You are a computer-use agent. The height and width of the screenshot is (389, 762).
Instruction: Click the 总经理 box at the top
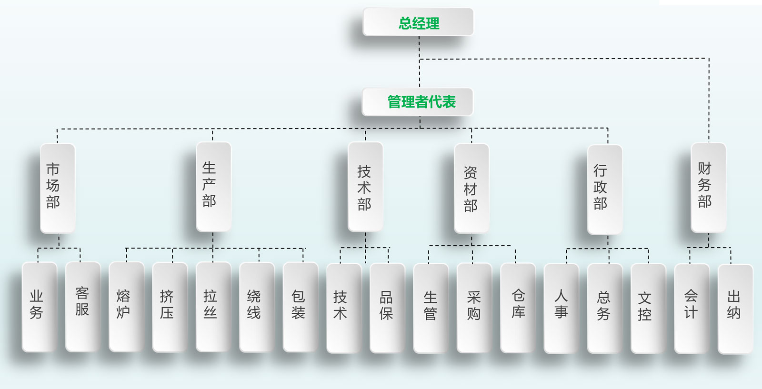pyautogui.click(x=418, y=22)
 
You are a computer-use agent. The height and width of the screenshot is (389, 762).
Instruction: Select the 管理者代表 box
pyautogui.click(x=418, y=102)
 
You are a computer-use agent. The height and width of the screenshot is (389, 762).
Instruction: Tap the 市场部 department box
pyautogui.click(x=58, y=188)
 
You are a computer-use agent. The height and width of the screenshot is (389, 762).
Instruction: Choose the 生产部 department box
pyautogui.click(x=213, y=187)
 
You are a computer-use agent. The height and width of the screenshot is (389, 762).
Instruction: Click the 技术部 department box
pyautogui.click(x=365, y=187)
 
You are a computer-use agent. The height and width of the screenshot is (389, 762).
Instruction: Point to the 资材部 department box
pyautogui.click(x=471, y=188)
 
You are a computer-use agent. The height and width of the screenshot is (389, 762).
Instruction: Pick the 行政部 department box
pyautogui.click(x=605, y=189)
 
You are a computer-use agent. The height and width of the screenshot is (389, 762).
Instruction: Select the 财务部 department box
pyautogui.click(x=708, y=187)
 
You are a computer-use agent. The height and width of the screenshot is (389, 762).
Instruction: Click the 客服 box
pyautogui.click(x=83, y=307)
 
